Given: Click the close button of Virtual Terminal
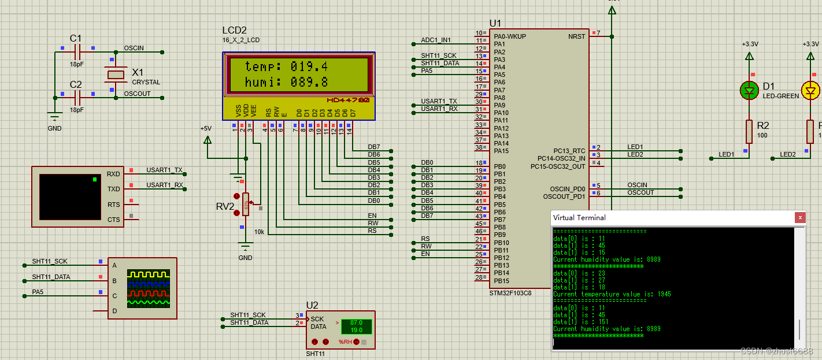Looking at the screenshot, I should point(800,218).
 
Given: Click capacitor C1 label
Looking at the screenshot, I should point(76,38).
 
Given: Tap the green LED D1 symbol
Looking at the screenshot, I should point(749,91).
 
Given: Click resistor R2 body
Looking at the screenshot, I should point(749,132).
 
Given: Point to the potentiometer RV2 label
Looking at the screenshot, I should point(225,206).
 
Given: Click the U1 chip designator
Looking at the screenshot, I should point(495,23).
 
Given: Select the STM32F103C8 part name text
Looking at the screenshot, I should point(510,293).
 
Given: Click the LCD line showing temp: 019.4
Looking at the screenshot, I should point(286,66).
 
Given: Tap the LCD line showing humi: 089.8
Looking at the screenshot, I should point(286,82).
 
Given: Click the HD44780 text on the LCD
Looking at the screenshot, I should point(349,100).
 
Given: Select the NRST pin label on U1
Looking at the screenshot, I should point(576,36).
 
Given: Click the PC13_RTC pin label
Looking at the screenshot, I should point(569,151).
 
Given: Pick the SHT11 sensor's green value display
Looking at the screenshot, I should point(356,326).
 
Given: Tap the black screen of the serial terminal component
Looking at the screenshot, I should point(69,196).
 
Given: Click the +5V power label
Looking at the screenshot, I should point(206,128).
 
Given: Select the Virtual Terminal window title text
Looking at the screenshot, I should point(579,218).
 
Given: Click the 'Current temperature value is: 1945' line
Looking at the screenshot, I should point(612,294).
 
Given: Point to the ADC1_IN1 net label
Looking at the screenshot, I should point(436,40).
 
